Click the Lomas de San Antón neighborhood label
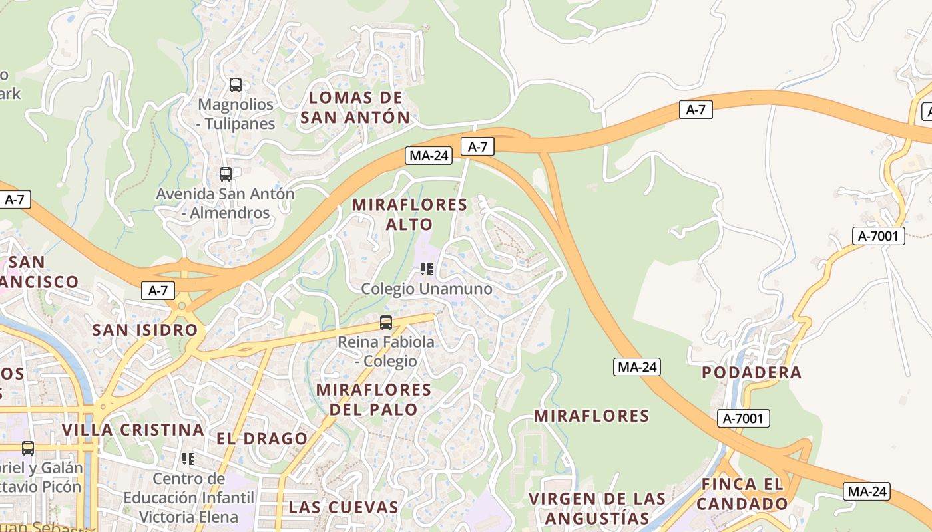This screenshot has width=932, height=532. click(355, 108)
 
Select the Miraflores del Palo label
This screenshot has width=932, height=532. click(373, 399)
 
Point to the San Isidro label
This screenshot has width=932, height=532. click(145, 330)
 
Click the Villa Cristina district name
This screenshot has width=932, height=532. click(132, 430)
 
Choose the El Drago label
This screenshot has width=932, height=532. click(262, 438)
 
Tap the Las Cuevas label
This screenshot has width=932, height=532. click(343, 507)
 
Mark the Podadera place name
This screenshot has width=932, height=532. click(752, 372)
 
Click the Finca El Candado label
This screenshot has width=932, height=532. click(742, 493)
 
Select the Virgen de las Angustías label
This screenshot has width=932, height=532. click(596, 508)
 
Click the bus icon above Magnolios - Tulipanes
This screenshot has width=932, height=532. click(236, 85)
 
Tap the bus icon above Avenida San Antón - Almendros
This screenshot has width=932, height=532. click(226, 174)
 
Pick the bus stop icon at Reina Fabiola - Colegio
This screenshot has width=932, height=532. click(385, 323)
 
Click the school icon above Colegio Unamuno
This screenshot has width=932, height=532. click(427, 269)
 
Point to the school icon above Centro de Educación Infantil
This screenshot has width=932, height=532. click(188, 459)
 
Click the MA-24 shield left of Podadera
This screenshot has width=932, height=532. click(637, 366)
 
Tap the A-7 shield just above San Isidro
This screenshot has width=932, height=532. click(158, 290)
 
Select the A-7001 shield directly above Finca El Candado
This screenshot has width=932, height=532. click(743, 418)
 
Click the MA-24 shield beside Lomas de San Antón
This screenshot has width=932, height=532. click(429, 156)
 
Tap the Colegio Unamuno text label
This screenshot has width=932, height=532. click(427, 289)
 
